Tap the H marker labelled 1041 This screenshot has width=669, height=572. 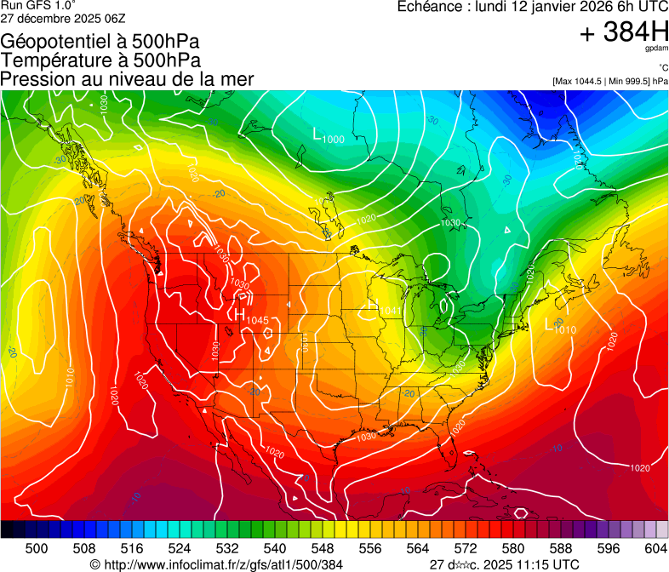[x=373, y=306]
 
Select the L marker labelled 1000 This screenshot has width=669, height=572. [x=318, y=134]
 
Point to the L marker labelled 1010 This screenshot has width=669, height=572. [x=550, y=323]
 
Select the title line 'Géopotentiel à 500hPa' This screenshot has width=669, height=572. [x=101, y=41]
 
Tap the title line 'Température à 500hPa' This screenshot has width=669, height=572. [x=101, y=60]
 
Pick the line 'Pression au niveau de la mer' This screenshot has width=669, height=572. [x=128, y=79]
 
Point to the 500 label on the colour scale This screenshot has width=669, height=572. [x=37, y=548]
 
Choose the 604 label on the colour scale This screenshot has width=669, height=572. [x=655, y=548]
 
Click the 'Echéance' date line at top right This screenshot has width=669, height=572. [x=533, y=7]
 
